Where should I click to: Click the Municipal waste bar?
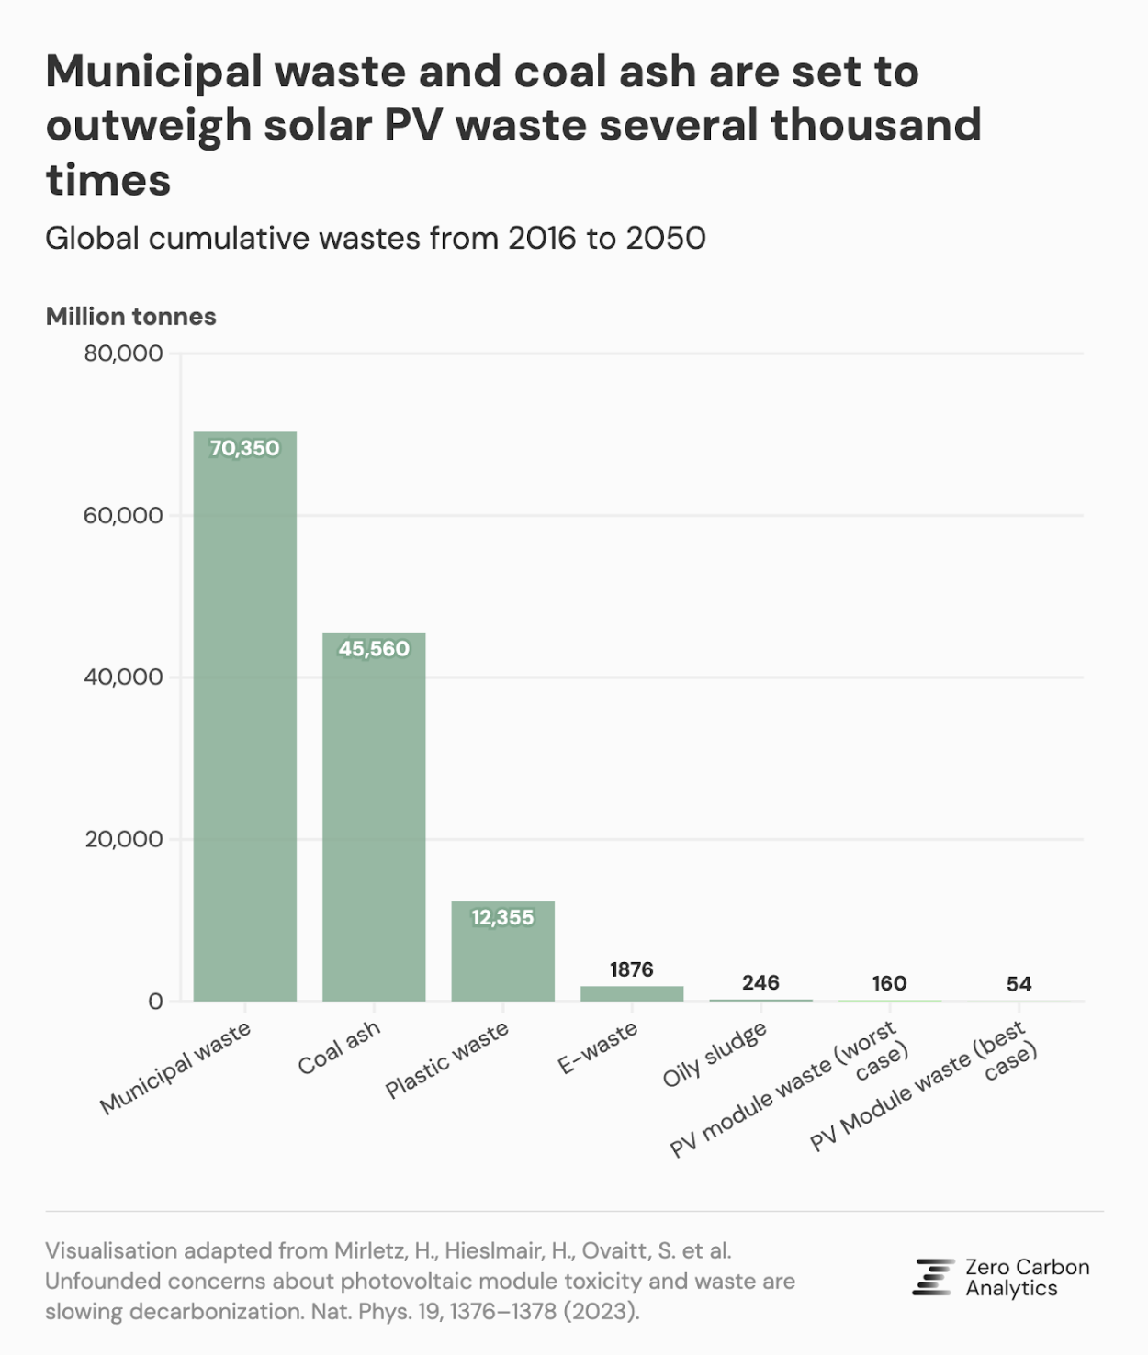(x=245, y=716)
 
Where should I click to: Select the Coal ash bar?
(x=374, y=817)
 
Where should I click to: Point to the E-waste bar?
(x=632, y=993)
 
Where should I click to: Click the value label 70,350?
(x=245, y=448)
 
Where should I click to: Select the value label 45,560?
(x=374, y=649)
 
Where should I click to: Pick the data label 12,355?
(x=502, y=917)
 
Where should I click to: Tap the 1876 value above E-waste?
(x=632, y=969)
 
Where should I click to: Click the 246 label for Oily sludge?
(x=760, y=982)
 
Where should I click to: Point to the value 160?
(x=889, y=983)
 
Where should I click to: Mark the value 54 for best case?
(x=1019, y=984)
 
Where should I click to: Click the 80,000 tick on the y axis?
(x=123, y=353)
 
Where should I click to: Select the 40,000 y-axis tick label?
(x=123, y=677)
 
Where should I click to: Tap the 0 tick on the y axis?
(x=155, y=1002)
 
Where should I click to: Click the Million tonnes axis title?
(x=131, y=317)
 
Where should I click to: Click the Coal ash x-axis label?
(x=339, y=1047)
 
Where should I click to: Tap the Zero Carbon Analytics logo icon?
(x=934, y=1277)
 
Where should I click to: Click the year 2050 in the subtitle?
(x=666, y=239)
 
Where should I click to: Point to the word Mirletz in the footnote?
(x=370, y=1250)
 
